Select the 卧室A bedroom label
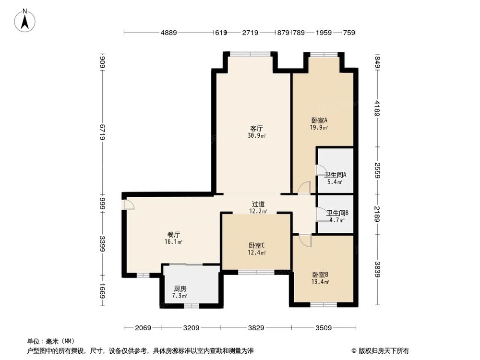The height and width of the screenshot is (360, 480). click(319, 120)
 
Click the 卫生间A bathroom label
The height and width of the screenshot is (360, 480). click(335, 175)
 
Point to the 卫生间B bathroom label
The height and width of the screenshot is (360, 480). click(337, 213)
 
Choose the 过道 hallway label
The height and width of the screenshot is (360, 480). click(258, 204)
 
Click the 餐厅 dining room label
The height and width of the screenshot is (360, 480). click(173, 235)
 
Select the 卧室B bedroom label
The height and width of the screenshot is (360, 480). click(320, 275)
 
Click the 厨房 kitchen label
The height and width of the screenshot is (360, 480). click(180, 289)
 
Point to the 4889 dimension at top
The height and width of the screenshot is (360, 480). click(168, 33)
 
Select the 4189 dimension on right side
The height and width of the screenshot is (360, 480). click(377, 113)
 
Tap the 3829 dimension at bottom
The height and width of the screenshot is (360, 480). click(256, 328)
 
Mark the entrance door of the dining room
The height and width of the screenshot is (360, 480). click(128, 205)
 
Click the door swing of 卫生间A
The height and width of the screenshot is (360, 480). click(319, 170)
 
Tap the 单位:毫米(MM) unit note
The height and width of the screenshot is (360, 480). click(46, 341)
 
